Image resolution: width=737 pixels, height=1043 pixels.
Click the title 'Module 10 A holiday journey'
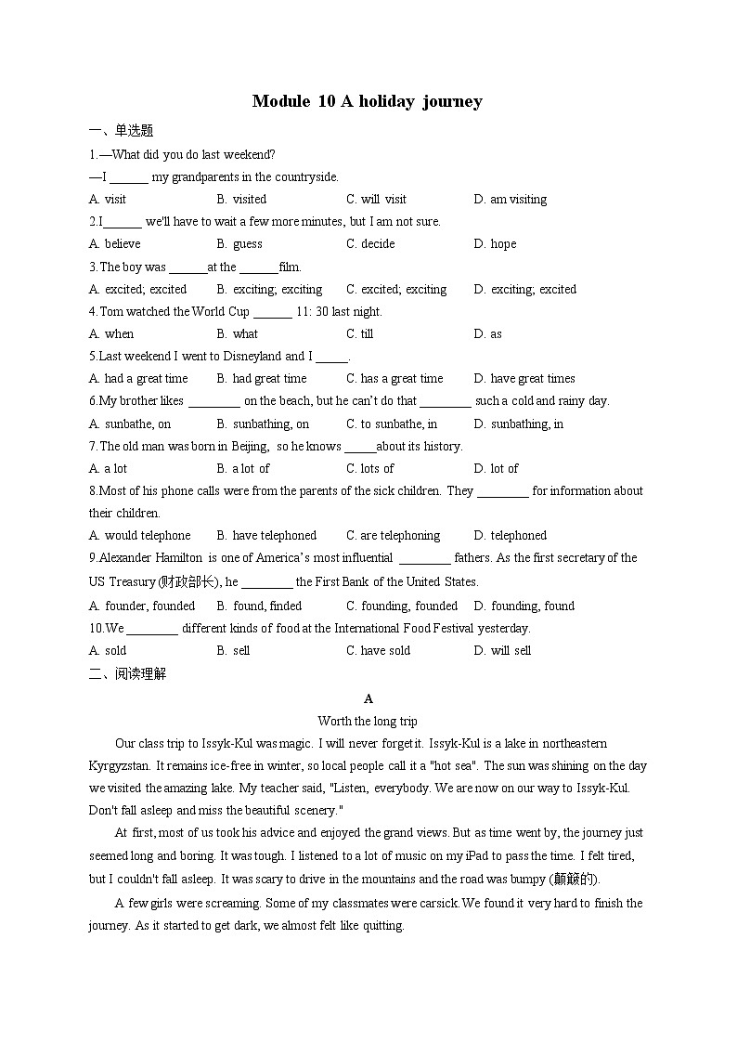367,101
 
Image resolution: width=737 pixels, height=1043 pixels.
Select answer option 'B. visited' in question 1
241,199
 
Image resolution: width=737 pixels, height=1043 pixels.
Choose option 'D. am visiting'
510,199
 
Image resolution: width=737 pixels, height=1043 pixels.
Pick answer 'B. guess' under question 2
239,243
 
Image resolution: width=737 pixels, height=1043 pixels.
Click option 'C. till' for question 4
360,333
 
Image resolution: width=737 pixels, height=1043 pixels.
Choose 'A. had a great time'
138,378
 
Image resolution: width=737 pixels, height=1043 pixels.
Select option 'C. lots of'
370,468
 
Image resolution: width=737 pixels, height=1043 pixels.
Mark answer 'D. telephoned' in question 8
510,535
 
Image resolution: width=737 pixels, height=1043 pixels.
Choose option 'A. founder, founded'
142,606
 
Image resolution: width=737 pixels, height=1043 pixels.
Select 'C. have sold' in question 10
379,650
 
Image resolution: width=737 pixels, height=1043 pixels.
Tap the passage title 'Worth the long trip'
368,721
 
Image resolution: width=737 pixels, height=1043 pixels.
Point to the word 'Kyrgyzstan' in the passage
119,765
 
